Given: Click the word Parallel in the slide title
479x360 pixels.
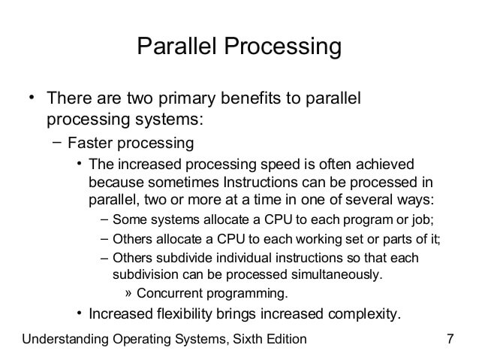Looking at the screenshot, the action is coord(176,46).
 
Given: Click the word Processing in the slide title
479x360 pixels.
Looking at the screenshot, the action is coord(283,47).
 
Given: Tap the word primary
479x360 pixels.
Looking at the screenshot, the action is coord(187,98).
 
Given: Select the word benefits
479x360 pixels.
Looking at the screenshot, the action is coord(251,98).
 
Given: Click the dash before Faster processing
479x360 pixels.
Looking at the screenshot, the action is coord(57,142).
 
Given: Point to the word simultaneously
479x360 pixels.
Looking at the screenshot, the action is coord(336,275).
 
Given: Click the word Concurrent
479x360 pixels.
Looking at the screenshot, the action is coord(170,293).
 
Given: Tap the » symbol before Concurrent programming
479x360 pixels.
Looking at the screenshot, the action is coord(128,294).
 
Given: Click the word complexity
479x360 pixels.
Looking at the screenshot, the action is coord(364,314).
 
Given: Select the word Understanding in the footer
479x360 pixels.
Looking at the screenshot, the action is coord(65,339).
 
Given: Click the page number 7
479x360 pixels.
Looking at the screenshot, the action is coord(450,339).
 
